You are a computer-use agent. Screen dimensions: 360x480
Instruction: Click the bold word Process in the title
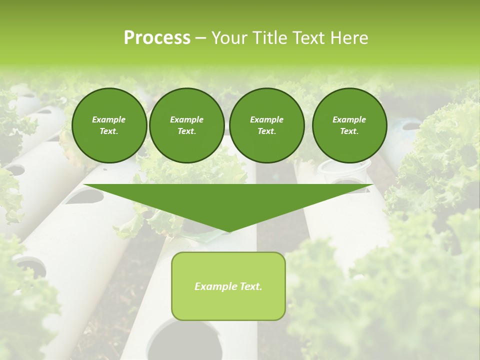click(157, 38)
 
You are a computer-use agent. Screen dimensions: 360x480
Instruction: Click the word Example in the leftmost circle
click(109, 119)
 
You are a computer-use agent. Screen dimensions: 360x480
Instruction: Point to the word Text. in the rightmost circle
click(349, 131)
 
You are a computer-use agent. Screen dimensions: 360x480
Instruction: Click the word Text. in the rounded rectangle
click(250, 286)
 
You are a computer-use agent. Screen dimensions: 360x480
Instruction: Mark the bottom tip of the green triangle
click(228, 231)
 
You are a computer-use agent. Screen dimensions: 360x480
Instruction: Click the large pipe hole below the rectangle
click(185, 340)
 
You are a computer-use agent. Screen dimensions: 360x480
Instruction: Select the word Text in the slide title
click(309, 38)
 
